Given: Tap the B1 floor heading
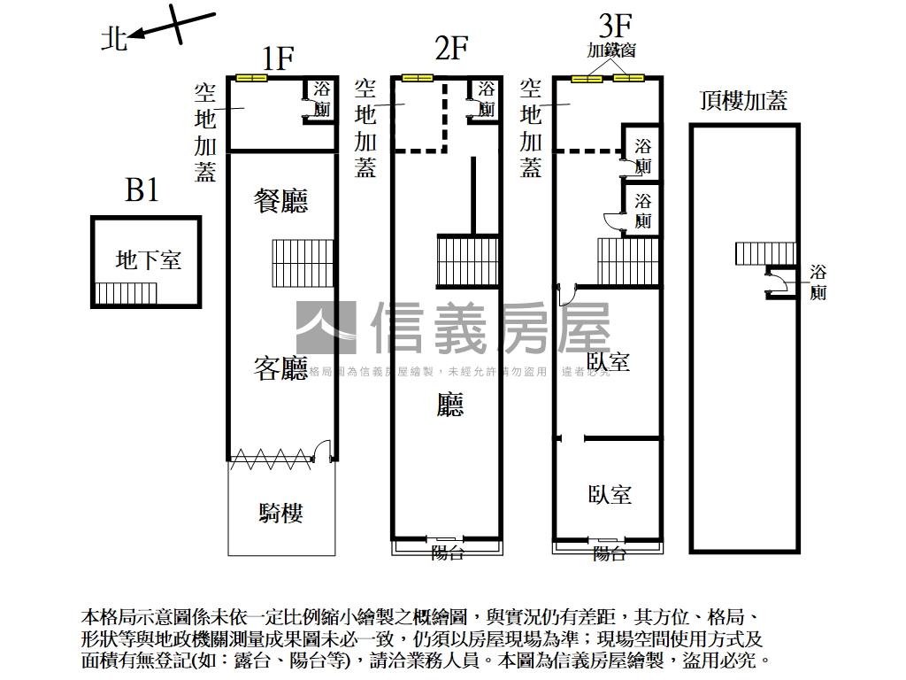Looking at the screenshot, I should (142, 190).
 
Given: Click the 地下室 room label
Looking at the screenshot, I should (149, 260).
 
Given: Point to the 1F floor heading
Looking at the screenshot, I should (278, 58).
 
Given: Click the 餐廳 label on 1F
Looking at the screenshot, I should (281, 201).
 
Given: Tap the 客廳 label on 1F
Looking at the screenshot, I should (280, 368).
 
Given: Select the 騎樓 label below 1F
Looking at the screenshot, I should (281, 513).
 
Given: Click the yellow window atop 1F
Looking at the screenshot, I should (251, 79).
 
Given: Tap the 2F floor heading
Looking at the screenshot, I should (450, 48).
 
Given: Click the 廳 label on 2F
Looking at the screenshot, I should (450, 406).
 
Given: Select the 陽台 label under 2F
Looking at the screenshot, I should (447, 553).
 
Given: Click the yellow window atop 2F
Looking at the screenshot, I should (417, 79).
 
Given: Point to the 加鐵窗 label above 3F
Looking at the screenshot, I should (611, 50).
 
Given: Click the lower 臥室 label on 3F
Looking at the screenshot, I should (610, 494).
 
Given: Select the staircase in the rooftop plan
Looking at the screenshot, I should (764, 253).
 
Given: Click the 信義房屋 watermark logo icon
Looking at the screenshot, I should (326, 328).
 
